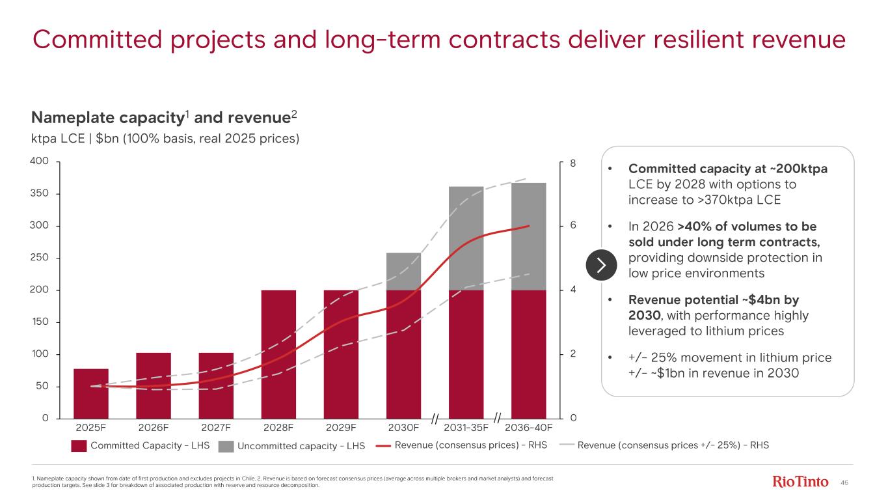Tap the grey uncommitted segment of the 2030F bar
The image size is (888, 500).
(x=403, y=271)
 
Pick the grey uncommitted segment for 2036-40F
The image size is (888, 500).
(x=528, y=236)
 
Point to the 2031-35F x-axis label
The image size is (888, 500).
(x=466, y=428)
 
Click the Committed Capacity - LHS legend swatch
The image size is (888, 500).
(x=79, y=446)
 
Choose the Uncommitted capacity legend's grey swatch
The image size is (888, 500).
(x=226, y=446)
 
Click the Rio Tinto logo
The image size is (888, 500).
(x=800, y=482)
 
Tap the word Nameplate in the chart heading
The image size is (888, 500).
(x=70, y=118)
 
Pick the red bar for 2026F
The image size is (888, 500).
(x=154, y=385)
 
